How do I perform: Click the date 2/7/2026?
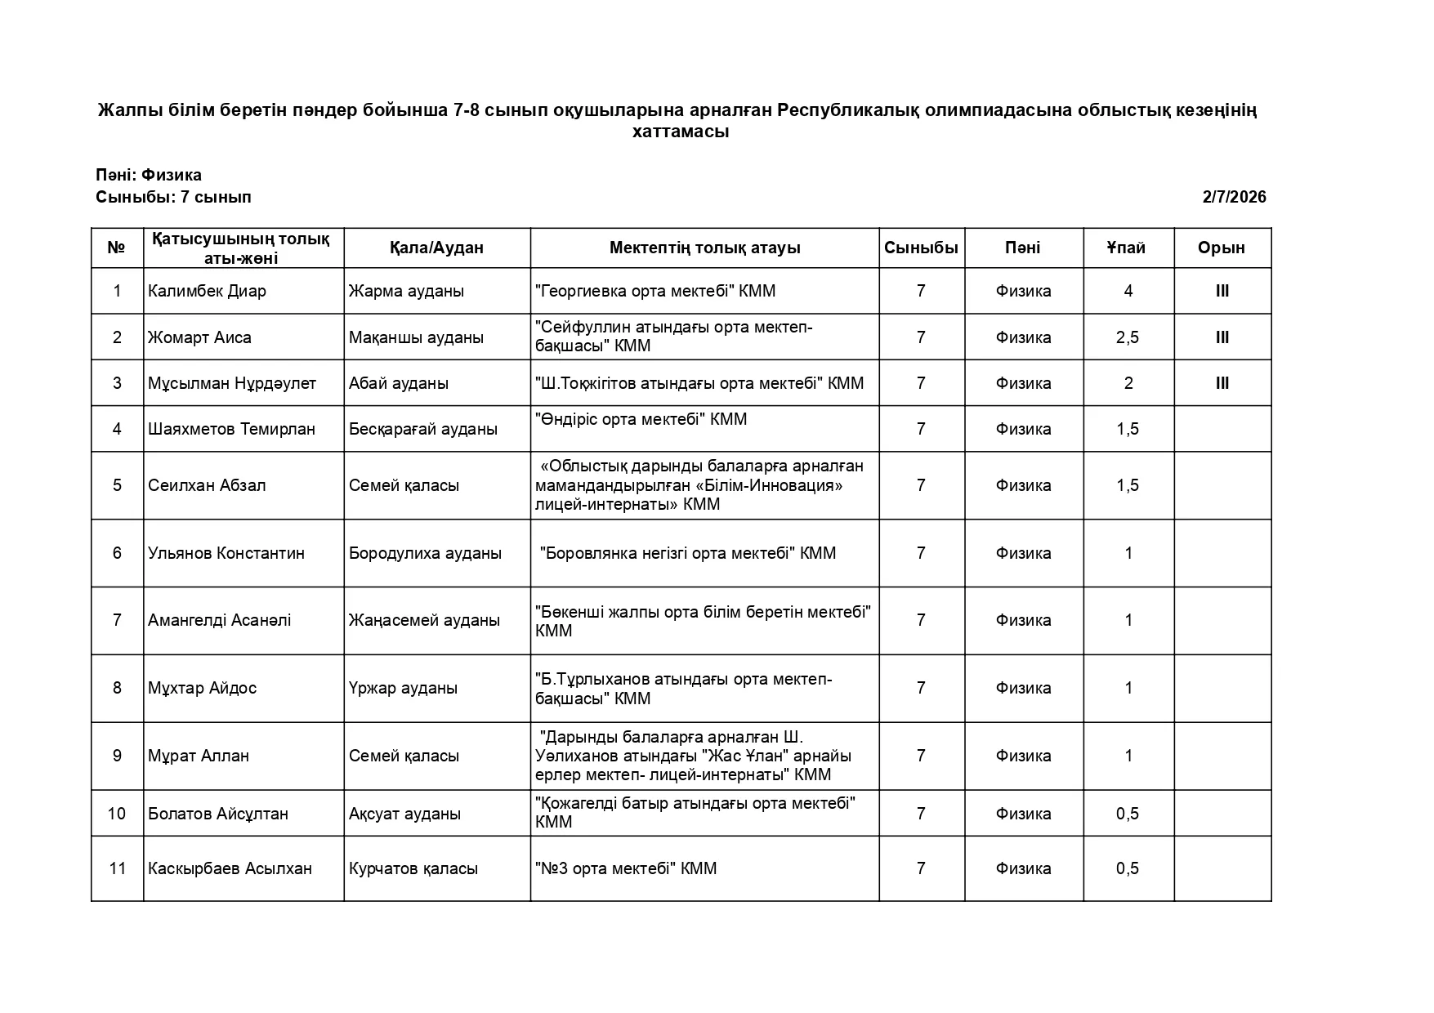(x=1234, y=197)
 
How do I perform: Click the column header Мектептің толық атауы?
(x=704, y=248)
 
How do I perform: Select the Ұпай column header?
(x=1128, y=248)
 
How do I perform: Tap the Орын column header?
(x=1222, y=248)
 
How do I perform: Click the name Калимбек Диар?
(x=207, y=292)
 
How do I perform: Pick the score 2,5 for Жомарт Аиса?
(x=1128, y=337)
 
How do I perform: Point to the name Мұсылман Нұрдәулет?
(x=231, y=383)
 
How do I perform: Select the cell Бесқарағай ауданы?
(x=422, y=429)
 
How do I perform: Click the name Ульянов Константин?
(x=226, y=553)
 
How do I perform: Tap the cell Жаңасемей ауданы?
(x=424, y=620)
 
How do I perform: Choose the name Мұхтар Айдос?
(x=202, y=688)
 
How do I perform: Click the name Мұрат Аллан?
(x=198, y=756)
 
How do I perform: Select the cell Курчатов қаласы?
(x=413, y=868)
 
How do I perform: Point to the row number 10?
(x=117, y=814)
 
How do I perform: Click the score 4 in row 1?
(x=1128, y=292)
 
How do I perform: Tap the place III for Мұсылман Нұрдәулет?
(x=1222, y=383)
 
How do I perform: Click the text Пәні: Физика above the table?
(x=149, y=176)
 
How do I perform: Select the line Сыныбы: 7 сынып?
(x=173, y=197)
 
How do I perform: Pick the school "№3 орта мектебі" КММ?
(x=625, y=868)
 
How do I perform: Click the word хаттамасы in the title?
(x=681, y=132)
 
